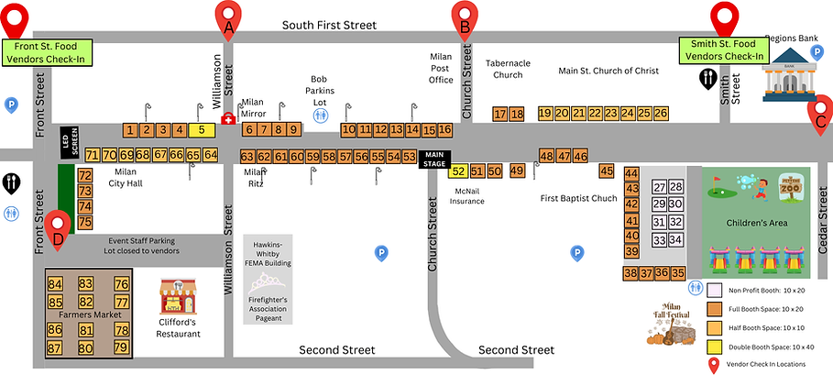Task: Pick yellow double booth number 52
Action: (x=458, y=171)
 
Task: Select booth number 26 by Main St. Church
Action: (x=661, y=113)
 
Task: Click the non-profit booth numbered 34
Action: (x=676, y=240)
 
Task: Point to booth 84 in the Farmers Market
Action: (x=55, y=284)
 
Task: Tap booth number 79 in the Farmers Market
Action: (x=121, y=347)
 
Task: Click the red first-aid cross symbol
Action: (x=228, y=120)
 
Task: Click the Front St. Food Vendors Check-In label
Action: (x=45, y=51)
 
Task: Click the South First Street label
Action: (x=329, y=25)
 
